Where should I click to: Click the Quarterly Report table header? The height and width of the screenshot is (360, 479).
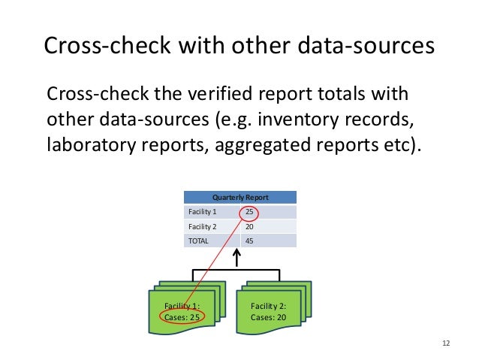239,197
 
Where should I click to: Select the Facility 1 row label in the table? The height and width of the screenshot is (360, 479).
201,212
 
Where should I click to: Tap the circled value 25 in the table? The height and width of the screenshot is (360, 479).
249,212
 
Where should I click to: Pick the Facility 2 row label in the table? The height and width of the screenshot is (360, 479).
201,226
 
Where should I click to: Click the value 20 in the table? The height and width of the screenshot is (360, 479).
249,226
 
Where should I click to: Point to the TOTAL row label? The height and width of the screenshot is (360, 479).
199,241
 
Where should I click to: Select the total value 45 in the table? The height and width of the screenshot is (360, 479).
249,241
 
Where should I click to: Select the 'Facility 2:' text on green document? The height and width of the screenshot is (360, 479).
269,306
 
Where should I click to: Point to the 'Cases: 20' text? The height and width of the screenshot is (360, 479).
269,317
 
